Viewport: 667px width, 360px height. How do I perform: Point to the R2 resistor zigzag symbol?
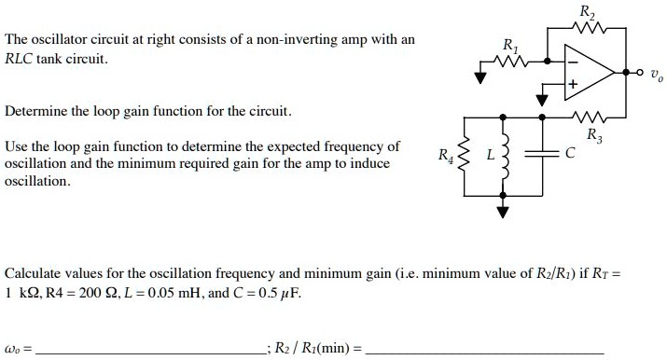click(587, 30)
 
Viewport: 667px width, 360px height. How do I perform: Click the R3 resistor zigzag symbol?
click(586, 118)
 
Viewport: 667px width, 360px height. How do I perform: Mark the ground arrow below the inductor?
click(505, 210)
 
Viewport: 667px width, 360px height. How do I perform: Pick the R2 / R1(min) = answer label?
click(317, 350)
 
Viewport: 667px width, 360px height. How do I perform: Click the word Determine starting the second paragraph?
click(35, 112)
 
